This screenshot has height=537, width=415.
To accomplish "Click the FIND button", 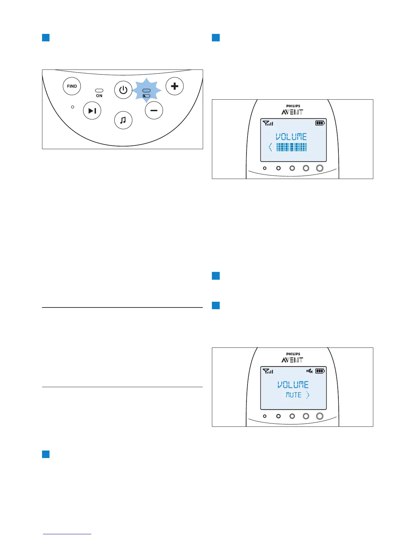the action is point(72,86).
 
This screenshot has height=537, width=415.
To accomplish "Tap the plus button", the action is point(175,86).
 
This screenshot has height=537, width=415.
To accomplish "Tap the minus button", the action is point(154,111).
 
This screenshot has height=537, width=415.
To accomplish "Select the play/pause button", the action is point(92,111).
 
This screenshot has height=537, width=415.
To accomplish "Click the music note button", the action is point(123,120).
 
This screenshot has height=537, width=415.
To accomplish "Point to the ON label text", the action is point(99,96).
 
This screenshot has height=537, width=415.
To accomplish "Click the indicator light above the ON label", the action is point(99,91).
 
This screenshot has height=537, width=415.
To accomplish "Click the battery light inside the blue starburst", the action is point(146,96).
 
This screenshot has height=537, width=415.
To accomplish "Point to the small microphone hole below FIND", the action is point(73,107).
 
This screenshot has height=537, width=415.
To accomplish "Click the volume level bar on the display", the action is point(292,147).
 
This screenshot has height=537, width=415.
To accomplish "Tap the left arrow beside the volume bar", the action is point(270,147).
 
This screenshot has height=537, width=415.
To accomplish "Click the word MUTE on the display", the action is point(294,395).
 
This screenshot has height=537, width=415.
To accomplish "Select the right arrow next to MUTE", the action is point(308,395).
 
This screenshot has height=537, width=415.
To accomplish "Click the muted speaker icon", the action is point(310,371).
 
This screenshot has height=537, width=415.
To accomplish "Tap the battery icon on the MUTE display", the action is point(320,371).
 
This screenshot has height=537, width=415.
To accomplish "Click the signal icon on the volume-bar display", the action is point(268,123).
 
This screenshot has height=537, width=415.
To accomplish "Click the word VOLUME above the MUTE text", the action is point(293,385).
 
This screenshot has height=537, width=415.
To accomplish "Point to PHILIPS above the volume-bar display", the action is point(293,106).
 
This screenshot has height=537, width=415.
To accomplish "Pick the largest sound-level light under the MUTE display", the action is point(320,416).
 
